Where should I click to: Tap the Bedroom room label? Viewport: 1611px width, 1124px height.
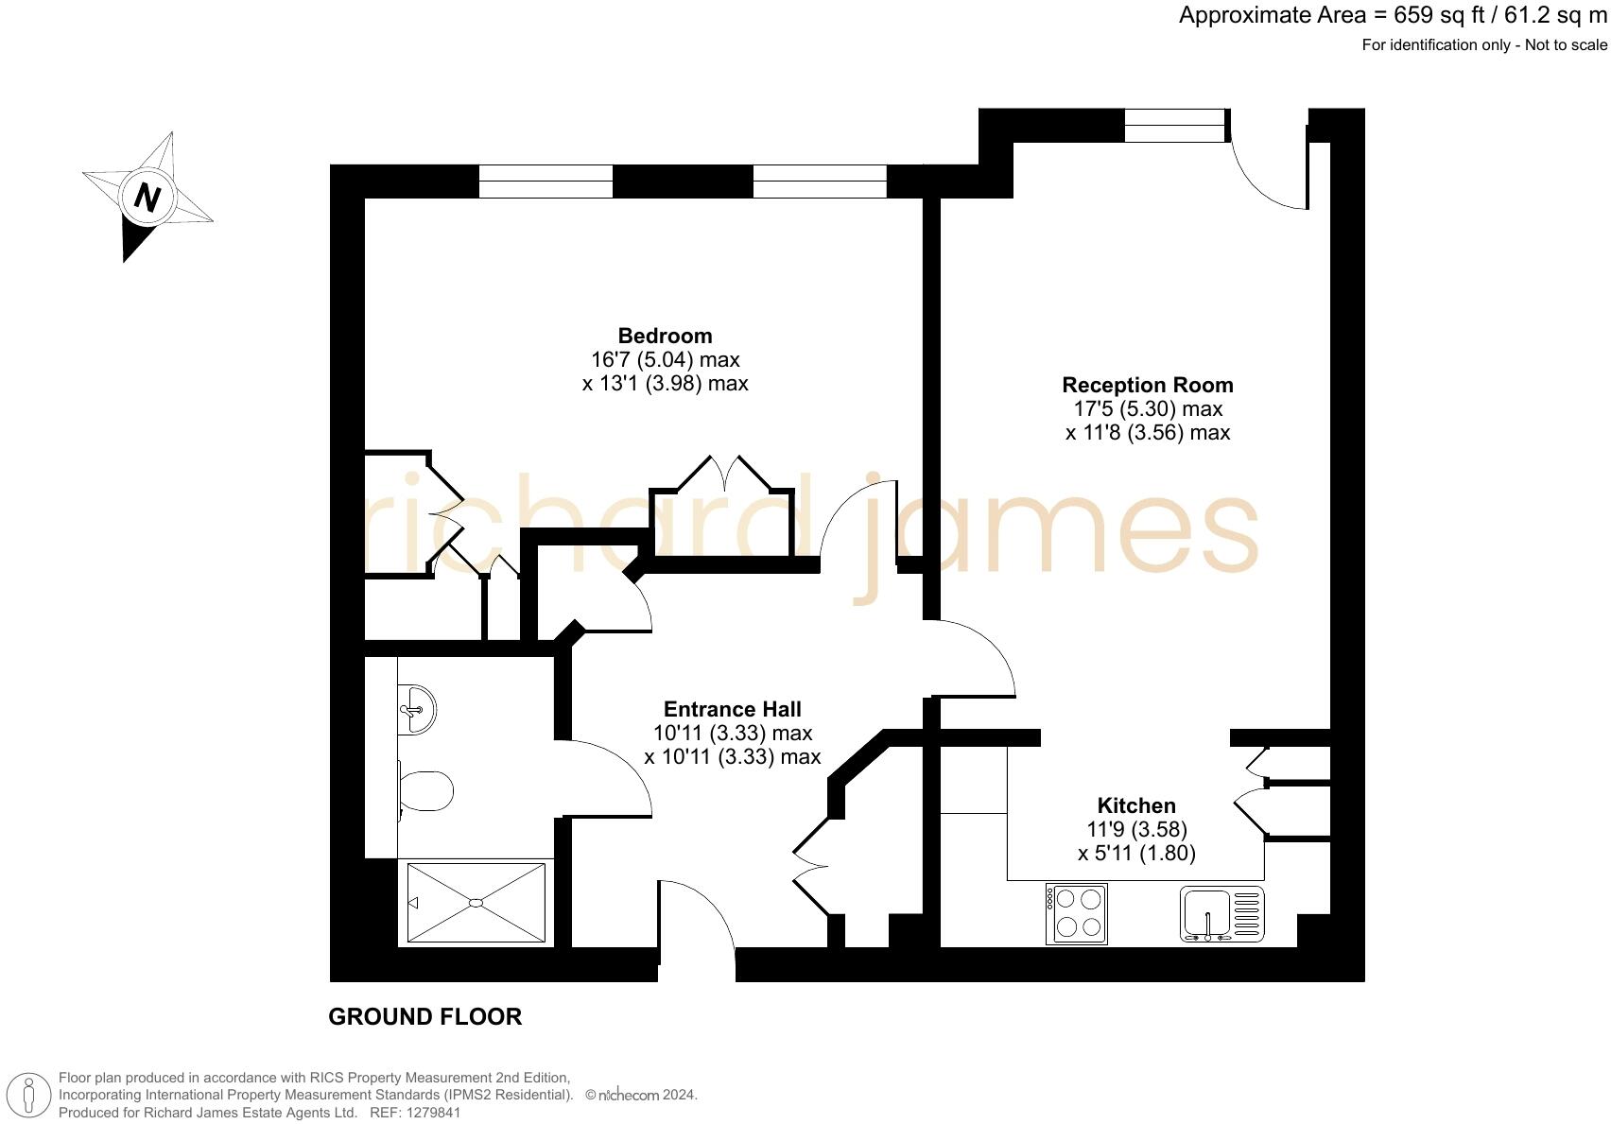(x=665, y=336)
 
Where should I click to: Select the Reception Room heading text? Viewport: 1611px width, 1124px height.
(x=1147, y=385)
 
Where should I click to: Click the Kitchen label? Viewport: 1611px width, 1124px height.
(x=1135, y=805)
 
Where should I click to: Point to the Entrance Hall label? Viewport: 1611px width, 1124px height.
(x=732, y=709)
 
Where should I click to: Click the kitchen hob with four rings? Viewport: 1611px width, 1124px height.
(x=1076, y=913)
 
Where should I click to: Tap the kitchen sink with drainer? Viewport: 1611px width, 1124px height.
(x=1221, y=914)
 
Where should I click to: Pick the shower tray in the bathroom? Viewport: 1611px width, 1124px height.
(x=476, y=903)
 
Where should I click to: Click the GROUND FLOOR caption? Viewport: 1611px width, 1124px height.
(x=424, y=1017)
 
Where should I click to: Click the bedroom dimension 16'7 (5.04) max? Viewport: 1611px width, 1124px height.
(x=665, y=359)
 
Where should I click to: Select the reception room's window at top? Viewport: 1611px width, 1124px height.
(x=1175, y=126)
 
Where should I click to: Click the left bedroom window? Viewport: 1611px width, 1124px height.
(x=546, y=182)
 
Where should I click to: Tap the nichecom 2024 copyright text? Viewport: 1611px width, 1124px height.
(x=642, y=1095)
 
